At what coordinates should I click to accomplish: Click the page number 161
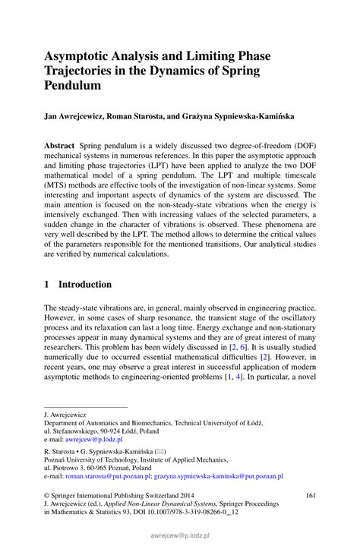point(310,496)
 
